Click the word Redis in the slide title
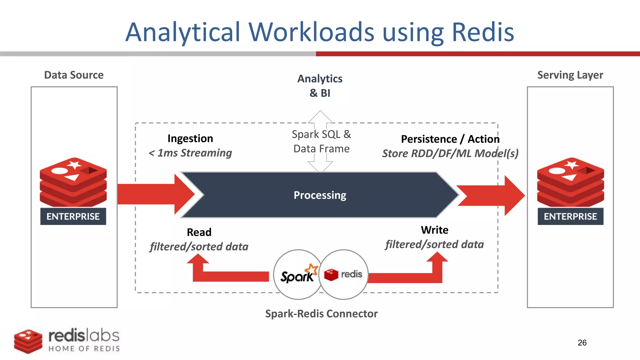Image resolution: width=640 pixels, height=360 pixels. [483, 32]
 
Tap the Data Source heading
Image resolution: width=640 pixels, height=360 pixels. [74, 75]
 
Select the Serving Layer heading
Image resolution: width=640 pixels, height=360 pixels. [570, 75]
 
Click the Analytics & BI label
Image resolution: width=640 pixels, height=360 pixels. [320, 86]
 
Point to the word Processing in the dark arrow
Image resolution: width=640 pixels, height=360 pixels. [320, 195]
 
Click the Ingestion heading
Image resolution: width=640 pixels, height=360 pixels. [190, 138]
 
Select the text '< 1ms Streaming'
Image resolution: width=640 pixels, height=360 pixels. [190, 153]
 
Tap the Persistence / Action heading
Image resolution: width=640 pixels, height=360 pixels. [450, 139]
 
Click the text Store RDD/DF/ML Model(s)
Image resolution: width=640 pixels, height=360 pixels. [450, 153]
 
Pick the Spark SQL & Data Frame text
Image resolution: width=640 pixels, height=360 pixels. [321, 142]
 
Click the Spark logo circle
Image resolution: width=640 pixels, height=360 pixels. [297, 275]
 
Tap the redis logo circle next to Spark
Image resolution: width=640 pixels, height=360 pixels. [344, 274]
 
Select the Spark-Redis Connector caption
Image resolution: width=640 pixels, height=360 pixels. [321, 313]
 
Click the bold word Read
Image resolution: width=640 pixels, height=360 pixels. [199, 232]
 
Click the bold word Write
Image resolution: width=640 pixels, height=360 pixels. [434, 230]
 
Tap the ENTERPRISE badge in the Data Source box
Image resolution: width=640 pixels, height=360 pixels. [73, 216]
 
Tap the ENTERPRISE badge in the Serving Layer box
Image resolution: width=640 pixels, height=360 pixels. [570, 216]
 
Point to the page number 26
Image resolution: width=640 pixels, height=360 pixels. [582, 342]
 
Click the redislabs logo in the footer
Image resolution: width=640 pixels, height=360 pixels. [67, 340]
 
